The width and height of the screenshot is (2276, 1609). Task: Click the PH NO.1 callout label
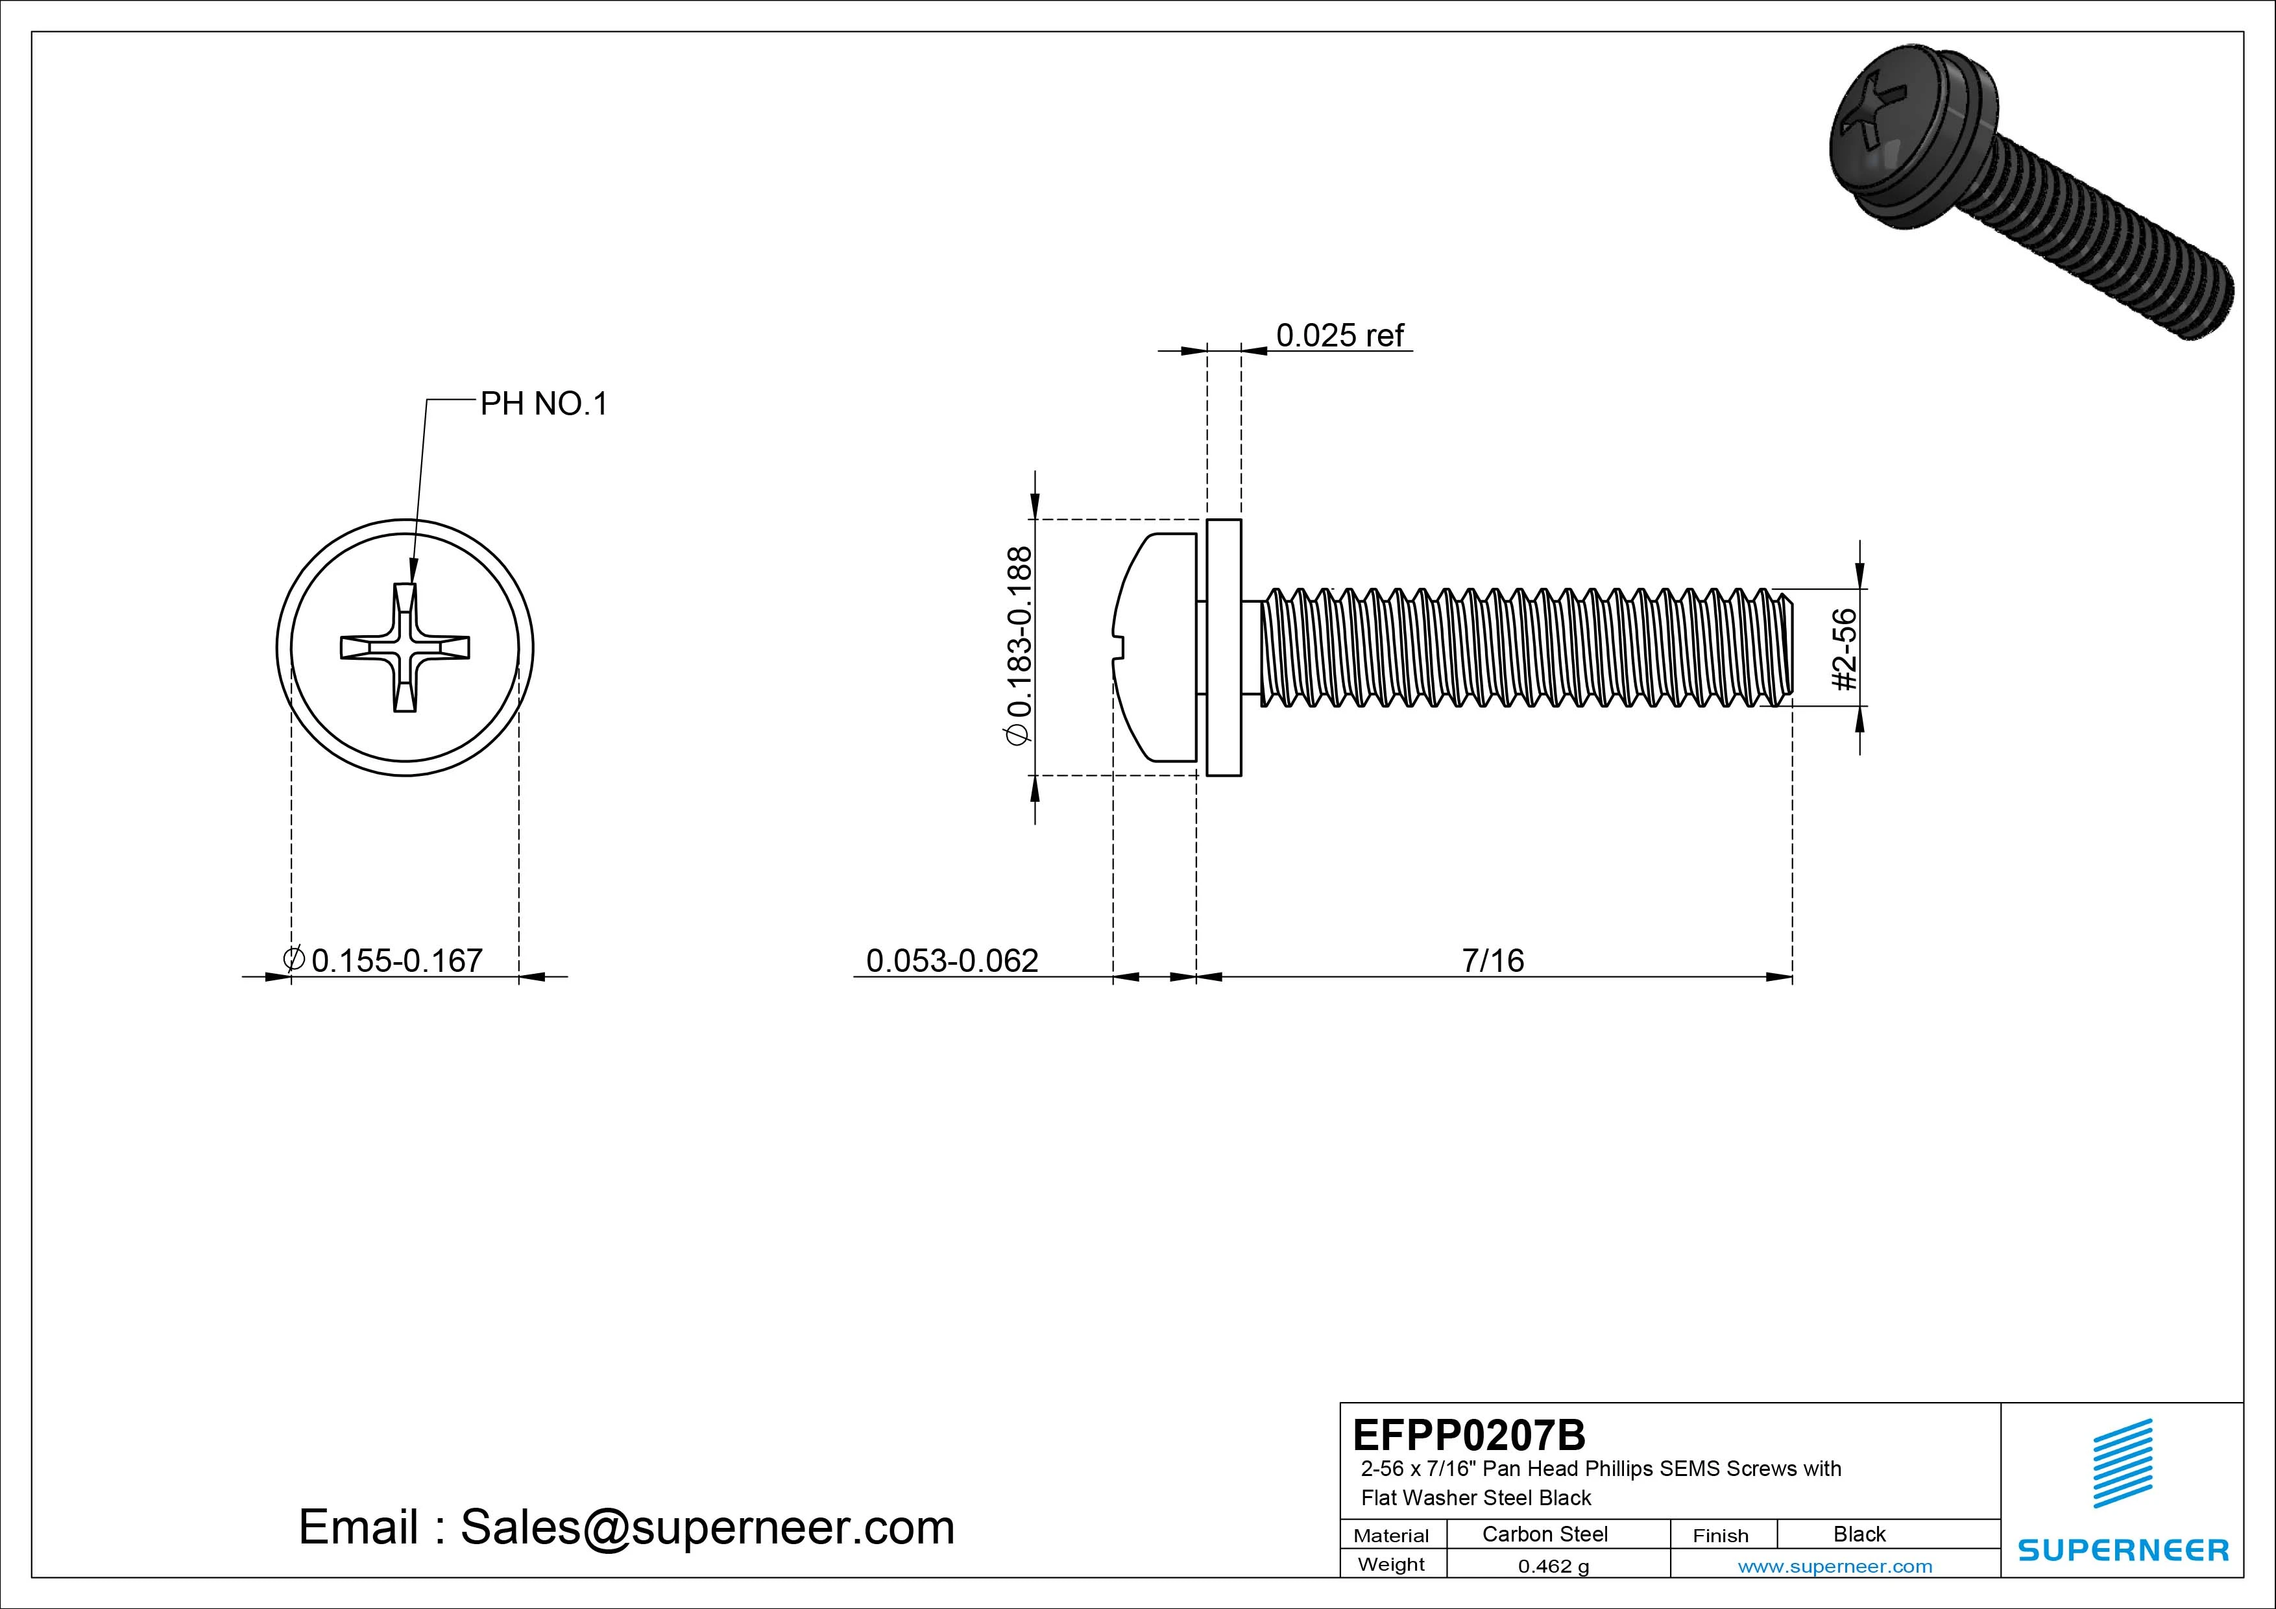click(x=543, y=404)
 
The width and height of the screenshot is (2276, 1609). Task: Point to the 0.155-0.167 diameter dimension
click(x=394, y=960)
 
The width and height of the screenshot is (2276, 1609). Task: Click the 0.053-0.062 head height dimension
click(x=952, y=960)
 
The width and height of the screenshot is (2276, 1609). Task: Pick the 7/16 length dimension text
click(x=1492, y=960)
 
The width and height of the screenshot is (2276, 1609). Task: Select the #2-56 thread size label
click(x=1844, y=649)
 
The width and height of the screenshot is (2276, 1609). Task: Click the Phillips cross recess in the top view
click(x=404, y=648)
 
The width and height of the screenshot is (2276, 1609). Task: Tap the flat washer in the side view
click(x=1224, y=647)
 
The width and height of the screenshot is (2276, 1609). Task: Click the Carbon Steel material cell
click(x=1544, y=1534)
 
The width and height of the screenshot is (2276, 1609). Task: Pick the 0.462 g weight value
click(x=1553, y=1566)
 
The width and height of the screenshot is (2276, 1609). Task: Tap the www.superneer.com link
click(x=1835, y=1566)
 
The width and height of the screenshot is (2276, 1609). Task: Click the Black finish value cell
click(x=1859, y=1534)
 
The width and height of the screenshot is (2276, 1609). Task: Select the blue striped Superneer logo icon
click(x=2122, y=1462)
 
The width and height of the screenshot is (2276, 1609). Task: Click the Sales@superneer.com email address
click(x=707, y=1527)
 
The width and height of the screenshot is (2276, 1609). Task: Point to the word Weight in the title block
click(x=1391, y=1564)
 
